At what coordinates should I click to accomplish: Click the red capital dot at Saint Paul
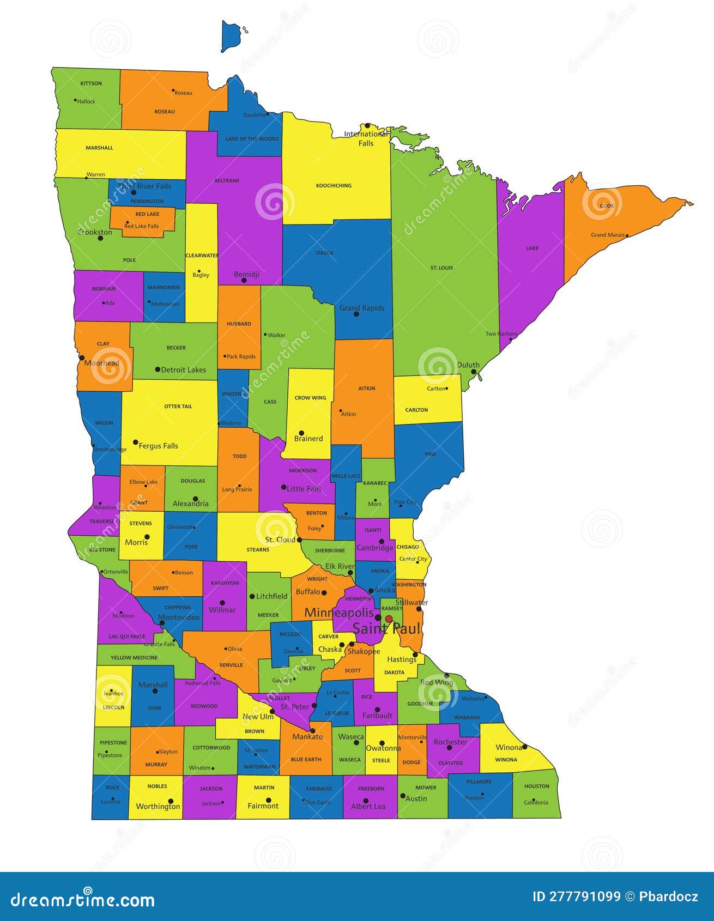389,619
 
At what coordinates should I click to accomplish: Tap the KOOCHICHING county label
334,186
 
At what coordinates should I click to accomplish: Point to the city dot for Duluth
474,372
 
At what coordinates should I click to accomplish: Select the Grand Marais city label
608,235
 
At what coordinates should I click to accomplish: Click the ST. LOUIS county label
441,268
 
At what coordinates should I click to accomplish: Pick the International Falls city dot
367,125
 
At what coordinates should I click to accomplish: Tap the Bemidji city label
246,274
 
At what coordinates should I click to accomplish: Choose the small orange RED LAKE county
143,221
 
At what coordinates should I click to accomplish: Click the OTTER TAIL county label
178,407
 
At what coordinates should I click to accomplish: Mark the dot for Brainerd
301,433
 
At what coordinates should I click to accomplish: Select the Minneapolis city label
339,613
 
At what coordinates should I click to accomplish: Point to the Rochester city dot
450,747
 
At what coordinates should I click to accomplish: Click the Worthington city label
158,807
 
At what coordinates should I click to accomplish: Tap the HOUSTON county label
537,786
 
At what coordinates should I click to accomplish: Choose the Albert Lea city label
368,807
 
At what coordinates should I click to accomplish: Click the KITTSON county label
91,83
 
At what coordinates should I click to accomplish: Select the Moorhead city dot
82,358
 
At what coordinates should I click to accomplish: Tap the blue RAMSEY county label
392,608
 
